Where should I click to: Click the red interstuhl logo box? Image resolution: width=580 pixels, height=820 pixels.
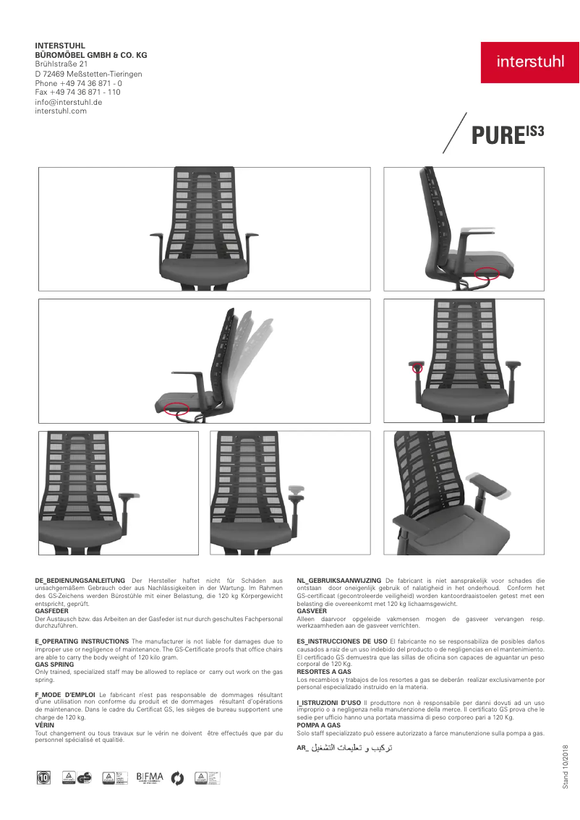click(530, 62)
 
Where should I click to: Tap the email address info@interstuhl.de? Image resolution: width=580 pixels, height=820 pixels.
click(69, 102)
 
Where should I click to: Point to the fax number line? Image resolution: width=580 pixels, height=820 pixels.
click(78, 93)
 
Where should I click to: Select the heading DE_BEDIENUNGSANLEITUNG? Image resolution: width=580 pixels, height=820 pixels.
click(80, 581)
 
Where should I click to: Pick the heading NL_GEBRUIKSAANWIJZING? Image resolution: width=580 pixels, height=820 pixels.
click(339, 581)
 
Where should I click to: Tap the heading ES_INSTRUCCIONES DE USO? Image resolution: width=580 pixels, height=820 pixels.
click(342, 641)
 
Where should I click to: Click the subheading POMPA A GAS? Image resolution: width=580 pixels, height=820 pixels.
click(319, 725)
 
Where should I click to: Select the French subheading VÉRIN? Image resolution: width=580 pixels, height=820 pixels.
click(45, 725)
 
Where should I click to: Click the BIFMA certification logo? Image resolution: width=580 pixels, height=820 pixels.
click(150, 777)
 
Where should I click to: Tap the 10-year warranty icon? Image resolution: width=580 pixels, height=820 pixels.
click(43, 778)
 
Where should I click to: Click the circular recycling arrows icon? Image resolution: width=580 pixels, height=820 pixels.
click(178, 778)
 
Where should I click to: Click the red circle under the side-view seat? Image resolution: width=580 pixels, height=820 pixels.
click(487, 273)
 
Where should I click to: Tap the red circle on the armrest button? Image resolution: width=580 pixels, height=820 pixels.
click(417, 368)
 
